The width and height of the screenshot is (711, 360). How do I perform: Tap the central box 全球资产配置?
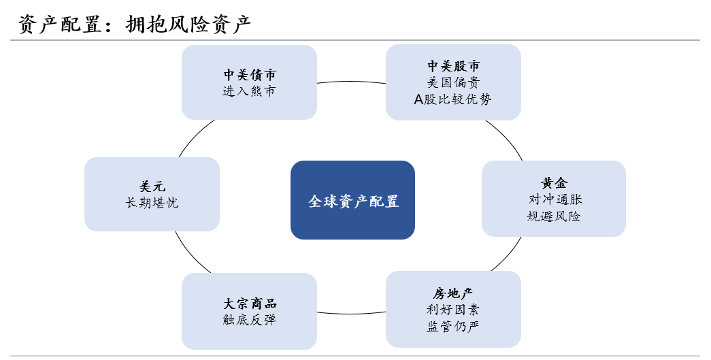pos(352,201)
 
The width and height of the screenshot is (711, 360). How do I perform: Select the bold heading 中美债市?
pos(249,75)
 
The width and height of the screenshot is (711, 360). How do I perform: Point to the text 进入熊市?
pos(249,91)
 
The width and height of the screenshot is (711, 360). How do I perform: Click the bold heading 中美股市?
pos(453,66)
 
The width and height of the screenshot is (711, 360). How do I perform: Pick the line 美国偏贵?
pos(453,82)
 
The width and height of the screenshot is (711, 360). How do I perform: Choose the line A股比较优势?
pos(453,99)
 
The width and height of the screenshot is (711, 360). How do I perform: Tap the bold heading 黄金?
pos(554,183)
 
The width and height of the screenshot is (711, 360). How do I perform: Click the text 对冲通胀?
pos(554,199)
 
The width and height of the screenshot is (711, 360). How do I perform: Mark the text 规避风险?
pos(554,216)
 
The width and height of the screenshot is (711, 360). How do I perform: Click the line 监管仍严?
pos(453,327)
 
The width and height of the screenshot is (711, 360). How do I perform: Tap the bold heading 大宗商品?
pos(249,304)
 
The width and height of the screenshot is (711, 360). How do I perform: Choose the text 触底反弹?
pos(249,320)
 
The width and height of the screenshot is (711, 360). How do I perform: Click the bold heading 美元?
pos(152,186)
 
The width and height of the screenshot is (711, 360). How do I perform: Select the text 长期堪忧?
pos(152,203)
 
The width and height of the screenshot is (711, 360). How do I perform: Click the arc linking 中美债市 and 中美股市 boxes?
pos(351,82)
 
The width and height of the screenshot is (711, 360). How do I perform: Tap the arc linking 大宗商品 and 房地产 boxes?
pos(351,314)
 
